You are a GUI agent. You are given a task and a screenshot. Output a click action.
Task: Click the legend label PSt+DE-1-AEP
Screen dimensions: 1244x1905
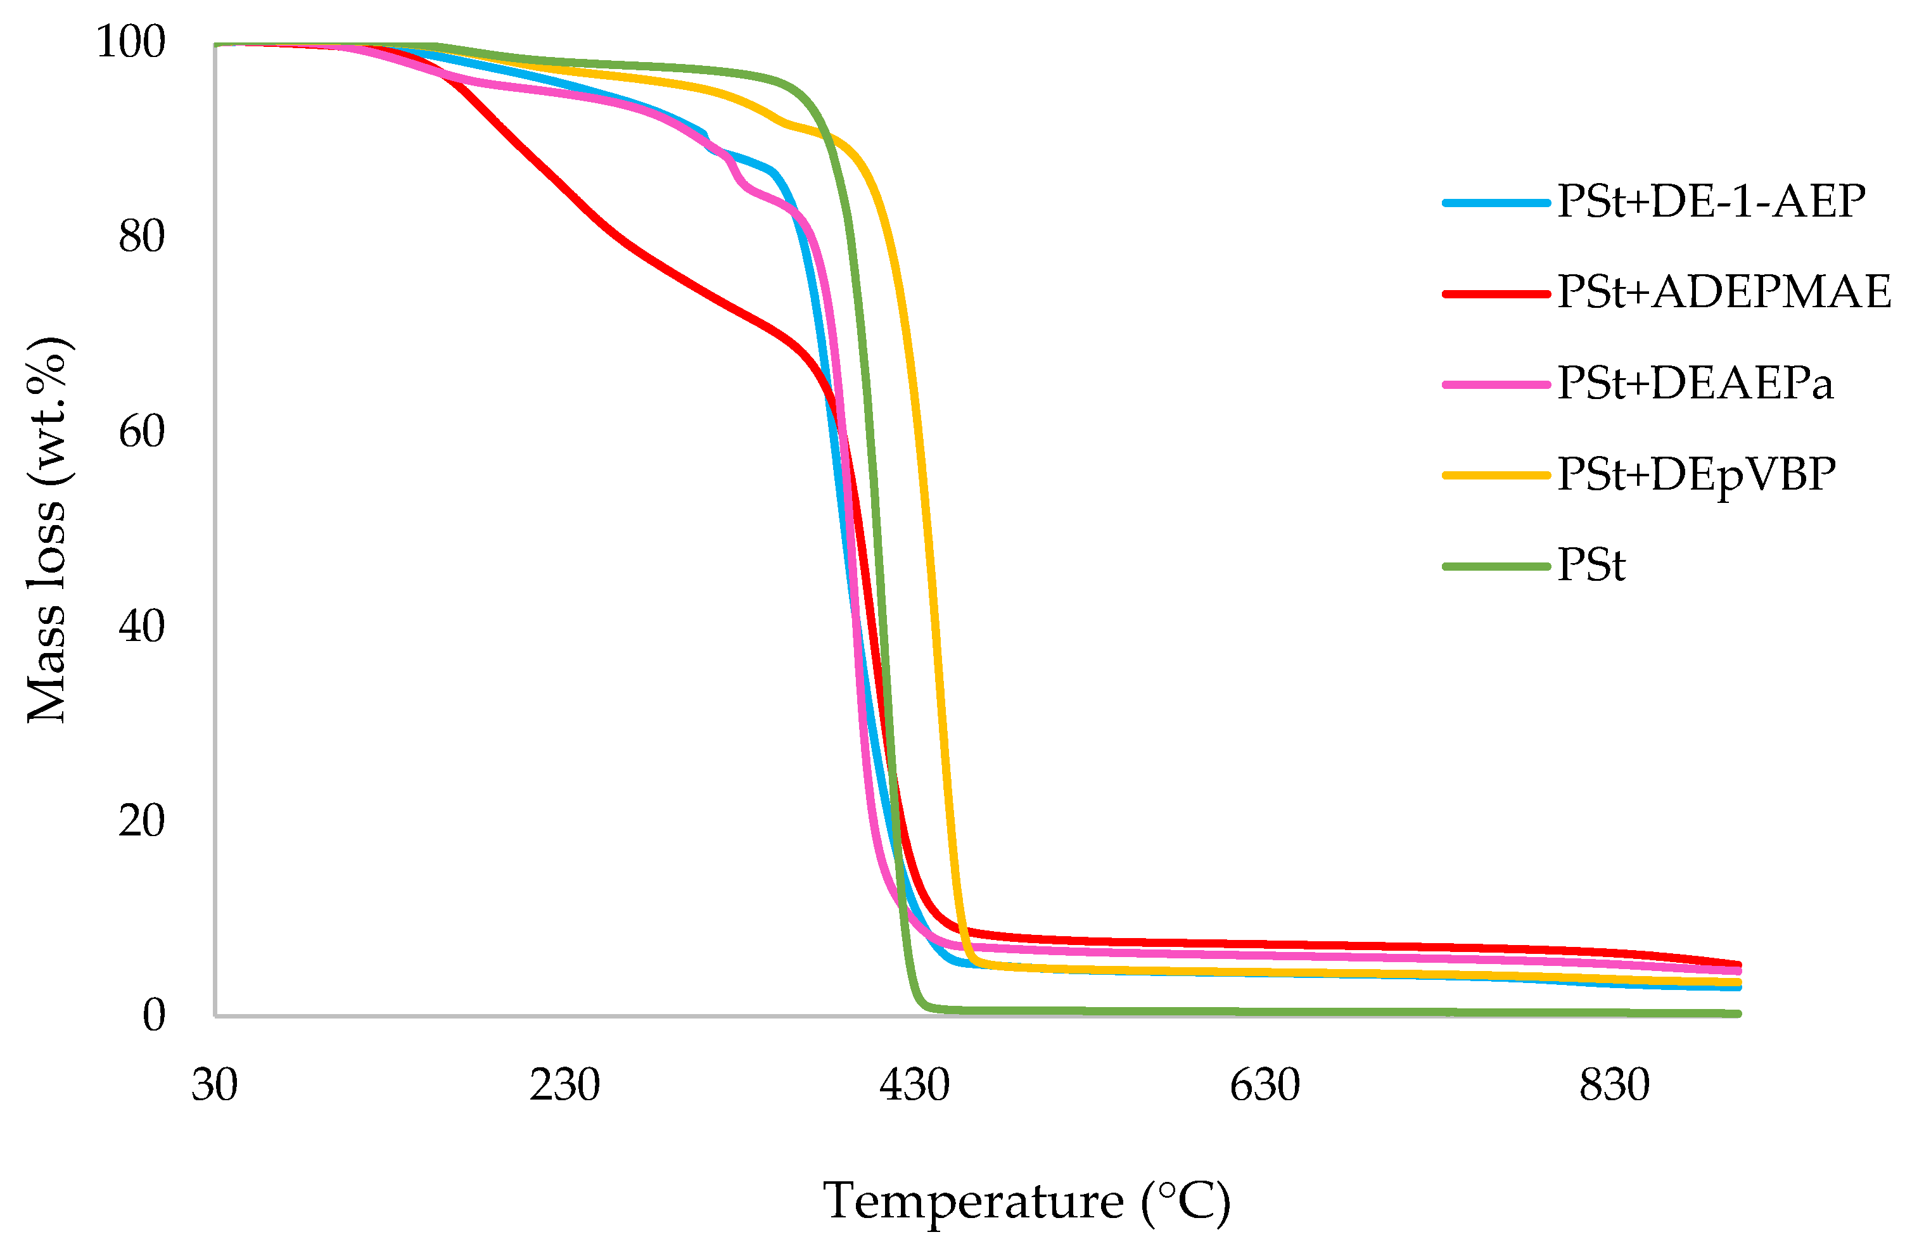[x=1711, y=201]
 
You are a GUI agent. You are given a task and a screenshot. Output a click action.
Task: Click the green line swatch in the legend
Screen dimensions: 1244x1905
[x=1496, y=566]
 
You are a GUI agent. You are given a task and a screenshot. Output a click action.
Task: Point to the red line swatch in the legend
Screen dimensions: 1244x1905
[x=1496, y=294]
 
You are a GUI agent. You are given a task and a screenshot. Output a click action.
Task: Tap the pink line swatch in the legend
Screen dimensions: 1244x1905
[x=1496, y=384]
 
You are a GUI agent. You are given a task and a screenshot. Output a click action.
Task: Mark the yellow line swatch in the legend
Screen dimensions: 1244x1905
[x=1496, y=476]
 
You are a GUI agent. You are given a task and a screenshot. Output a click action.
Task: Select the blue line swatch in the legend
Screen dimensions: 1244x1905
[x=1496, y=203]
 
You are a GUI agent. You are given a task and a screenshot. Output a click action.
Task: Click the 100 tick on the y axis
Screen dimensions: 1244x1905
[x=131, y=42]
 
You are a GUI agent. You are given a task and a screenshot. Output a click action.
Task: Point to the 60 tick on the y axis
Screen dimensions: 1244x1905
[x=142, y=431]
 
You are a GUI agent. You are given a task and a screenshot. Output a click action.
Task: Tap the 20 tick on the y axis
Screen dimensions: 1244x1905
[x=142, y=820]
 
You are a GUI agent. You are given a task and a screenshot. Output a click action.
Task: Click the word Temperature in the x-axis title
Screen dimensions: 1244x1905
[x=973, y=1202]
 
